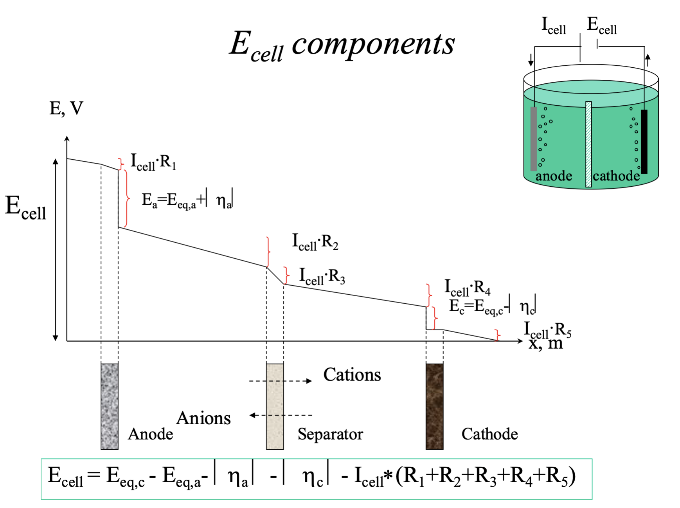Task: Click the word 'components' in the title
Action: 373,44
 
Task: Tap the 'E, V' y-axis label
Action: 66,108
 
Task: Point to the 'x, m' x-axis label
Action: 545,344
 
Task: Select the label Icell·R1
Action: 153,162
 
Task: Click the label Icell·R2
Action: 315,242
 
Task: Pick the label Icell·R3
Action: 322,276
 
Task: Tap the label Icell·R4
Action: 467,288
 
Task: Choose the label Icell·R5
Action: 547,330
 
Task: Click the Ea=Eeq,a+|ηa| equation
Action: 187,200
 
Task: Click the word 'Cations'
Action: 352,375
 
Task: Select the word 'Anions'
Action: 203,418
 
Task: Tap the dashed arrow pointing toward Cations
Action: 280,381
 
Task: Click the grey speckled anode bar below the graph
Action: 110,406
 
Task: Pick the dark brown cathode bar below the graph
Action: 434,406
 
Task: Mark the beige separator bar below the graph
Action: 275,406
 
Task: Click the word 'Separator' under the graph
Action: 330,434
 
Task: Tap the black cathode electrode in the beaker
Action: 644,141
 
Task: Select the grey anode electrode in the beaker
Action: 533,139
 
